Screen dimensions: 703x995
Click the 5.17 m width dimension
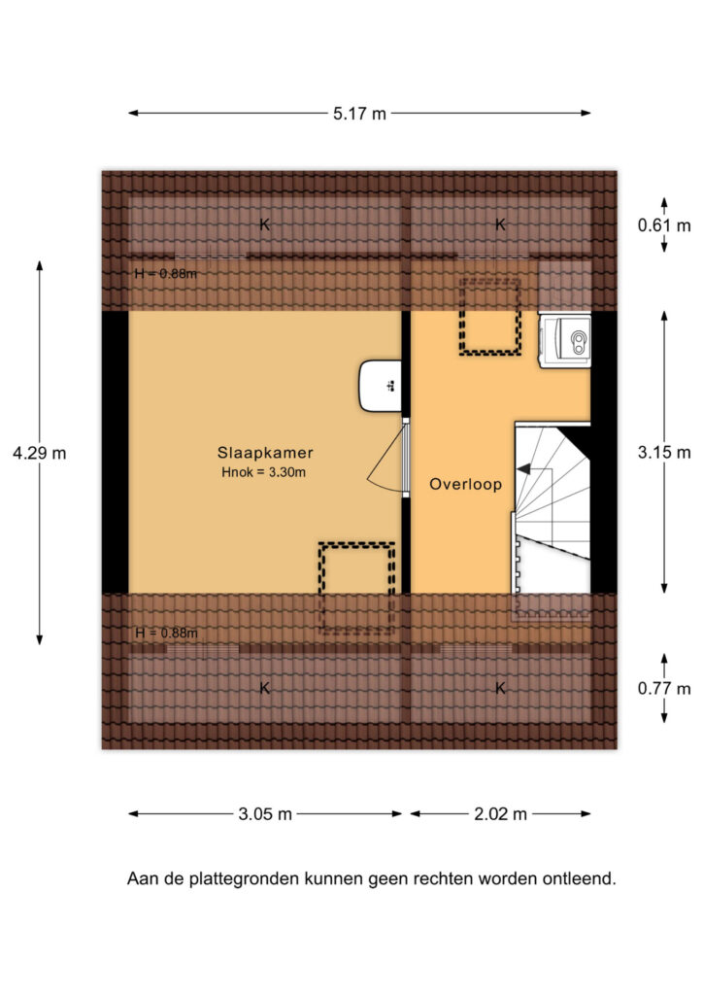pyautogui.click(x=359, y=114)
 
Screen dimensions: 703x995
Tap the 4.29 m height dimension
pyautogui.click(x=39, y=453)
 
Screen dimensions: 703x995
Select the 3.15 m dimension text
pyautogui.click(x=664, y=453)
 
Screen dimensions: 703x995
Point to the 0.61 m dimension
pyautogui.click(x=664, y=225)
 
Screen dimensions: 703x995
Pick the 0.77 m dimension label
pyautogui.click(x=664, y=689)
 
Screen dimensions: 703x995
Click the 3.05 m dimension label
pyautogui.click(x=265, y=814)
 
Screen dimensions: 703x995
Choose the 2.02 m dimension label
pyautogui.click(x=500, y=814)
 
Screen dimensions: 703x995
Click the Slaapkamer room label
pyautogui.click(x=265, y=453)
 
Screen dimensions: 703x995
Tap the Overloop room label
pyautogui.click(x=465, y=484)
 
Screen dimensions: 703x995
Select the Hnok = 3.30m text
pyautogui.click(x=264, y=472)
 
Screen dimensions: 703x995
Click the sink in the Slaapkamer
pyautogui.click(x=381, y=386)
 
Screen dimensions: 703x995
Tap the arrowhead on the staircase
pyautogui.click(x=523, y=469)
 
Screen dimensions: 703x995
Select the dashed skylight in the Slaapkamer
pyautogui.click(x=357, y=588)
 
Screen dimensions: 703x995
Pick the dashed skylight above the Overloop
pyautogui.click(x=490, y=316)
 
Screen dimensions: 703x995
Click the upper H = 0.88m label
pyautogui.click(x=165, y=274)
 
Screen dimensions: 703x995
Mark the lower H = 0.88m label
pyautogui.click(x=166, y=634)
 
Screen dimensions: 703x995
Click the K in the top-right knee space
pyautogui.click(x=500, y=224)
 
